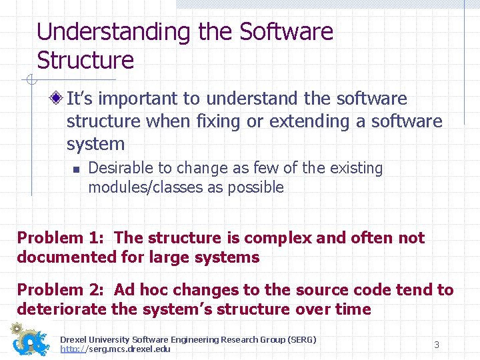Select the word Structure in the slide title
click(x=85, y=60)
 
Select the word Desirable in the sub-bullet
click(x=121, y=168)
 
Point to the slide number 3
click(x=437, y=345)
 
